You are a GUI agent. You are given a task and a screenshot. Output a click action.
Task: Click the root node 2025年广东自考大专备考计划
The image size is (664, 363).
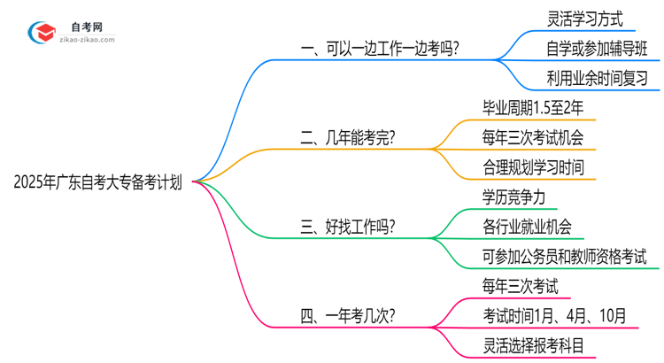pyautogui.click(x=98, y=182)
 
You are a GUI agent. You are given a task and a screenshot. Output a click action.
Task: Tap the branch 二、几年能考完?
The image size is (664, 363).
pyautogui.click(x=348, y=137)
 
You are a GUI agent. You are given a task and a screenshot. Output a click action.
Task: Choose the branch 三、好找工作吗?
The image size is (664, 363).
pyautogui.click(x=348, y=227)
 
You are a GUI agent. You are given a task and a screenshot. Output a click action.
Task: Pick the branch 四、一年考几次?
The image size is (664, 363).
pyautogui.click(x=348, y=315)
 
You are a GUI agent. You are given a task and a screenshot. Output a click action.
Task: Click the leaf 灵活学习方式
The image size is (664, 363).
pyautogui.click(x=585, y=18)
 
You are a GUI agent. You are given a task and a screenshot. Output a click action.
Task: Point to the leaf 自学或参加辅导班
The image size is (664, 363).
pyautogui.click(x=598, y=48)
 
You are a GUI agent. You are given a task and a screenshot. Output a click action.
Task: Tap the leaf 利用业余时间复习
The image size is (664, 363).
pyautogui.click(x=598, y=78)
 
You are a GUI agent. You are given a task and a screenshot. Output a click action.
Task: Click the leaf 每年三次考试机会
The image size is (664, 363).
pyautogui.click(x=533, y=137)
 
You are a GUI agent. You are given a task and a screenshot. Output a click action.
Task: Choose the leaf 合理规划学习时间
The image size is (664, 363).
pyautogui.click(x=533, y=167)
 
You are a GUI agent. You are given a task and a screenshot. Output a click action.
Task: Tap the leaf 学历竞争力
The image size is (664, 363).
pyautogui.click(x=514, y=197)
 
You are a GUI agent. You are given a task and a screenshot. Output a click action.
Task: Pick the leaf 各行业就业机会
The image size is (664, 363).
pyautogui.click(x=527, y=227)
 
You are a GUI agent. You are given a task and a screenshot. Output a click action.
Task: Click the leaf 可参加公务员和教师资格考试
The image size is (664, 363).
pyautogui.click(x=565, y=257)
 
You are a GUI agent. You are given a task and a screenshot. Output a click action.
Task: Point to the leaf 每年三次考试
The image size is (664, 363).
pyautogui.click(x=521, y=286)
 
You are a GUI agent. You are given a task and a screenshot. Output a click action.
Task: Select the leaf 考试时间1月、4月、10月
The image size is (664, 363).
pyautogui.click(x=555, y=315)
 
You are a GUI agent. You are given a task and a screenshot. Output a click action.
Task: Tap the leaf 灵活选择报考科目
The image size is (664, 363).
pyautogui.click(x=533, y=345)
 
